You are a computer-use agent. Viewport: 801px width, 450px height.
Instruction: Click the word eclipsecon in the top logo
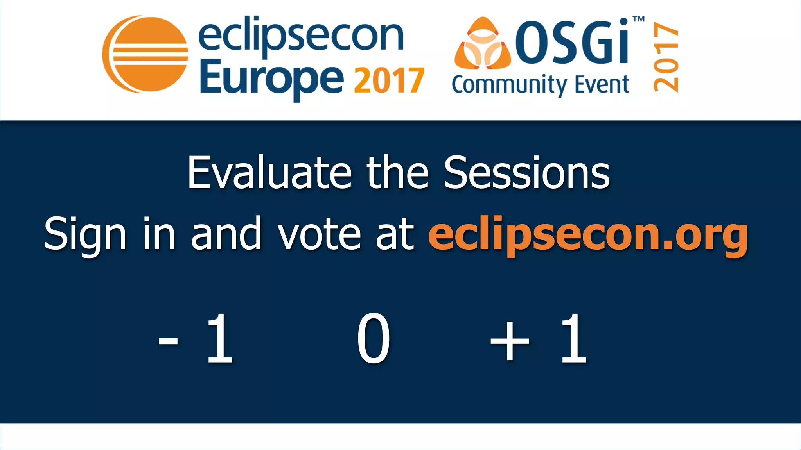(300, 37)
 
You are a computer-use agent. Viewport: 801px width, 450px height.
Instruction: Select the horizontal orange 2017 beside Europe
(389, 81)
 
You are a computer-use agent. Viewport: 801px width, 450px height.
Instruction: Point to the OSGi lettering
(572, 41)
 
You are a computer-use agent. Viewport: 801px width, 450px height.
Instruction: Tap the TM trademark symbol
(638, 19)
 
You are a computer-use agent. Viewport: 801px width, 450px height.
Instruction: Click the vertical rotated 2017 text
(666, 57)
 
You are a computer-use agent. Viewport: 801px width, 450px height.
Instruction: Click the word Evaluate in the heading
(269, 173)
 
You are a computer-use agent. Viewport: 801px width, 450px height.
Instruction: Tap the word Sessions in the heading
(526, 173)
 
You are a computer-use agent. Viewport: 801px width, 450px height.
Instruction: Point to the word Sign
(85, 234)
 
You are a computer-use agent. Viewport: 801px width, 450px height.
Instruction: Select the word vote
(319, 234)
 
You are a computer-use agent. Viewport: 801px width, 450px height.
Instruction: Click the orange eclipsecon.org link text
(588, 235)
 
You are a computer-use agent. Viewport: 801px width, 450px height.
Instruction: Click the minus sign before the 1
(168, 340)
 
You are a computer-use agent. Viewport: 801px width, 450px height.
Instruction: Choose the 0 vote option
(374, 338)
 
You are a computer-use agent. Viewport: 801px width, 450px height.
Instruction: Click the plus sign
(510, 340)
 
